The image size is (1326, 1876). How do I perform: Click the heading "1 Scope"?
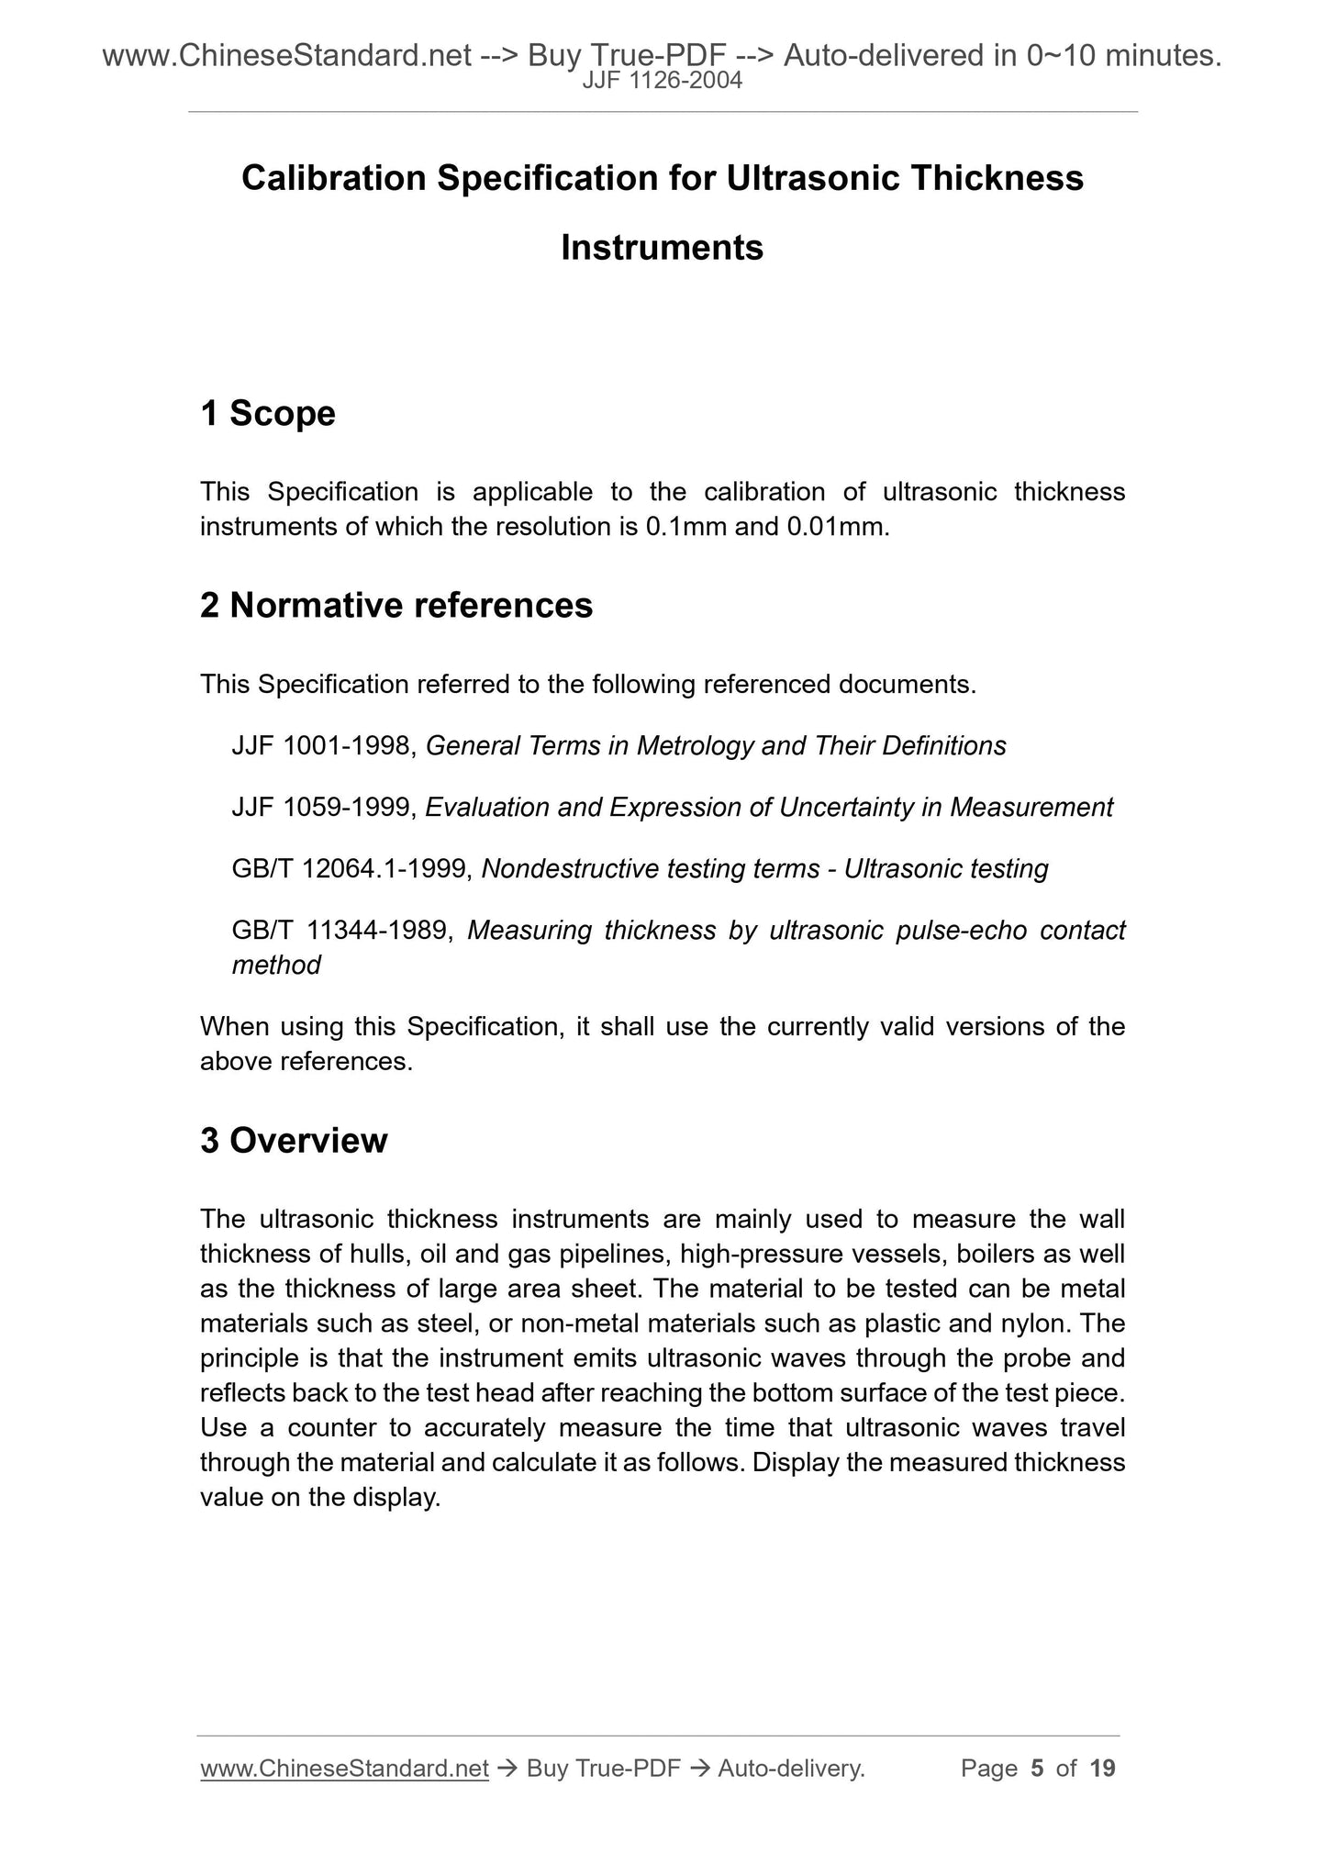[x=268, y=414]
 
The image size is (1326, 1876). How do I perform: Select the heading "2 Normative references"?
[x=396, y=606]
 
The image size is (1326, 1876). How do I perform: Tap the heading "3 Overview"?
[x=294, y=1141]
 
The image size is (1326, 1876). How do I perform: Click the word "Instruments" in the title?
[x=662, y=248]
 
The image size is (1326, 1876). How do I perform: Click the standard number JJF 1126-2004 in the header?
[x=663, y=82]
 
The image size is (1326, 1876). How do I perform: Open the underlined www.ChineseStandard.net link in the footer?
[x=344, y=1769]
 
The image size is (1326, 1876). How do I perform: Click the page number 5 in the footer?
[x=1037, y=1769]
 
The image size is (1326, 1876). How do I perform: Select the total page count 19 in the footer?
[x=1102, y=1769]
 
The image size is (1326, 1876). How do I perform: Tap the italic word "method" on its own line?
[x=276, y=966]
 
